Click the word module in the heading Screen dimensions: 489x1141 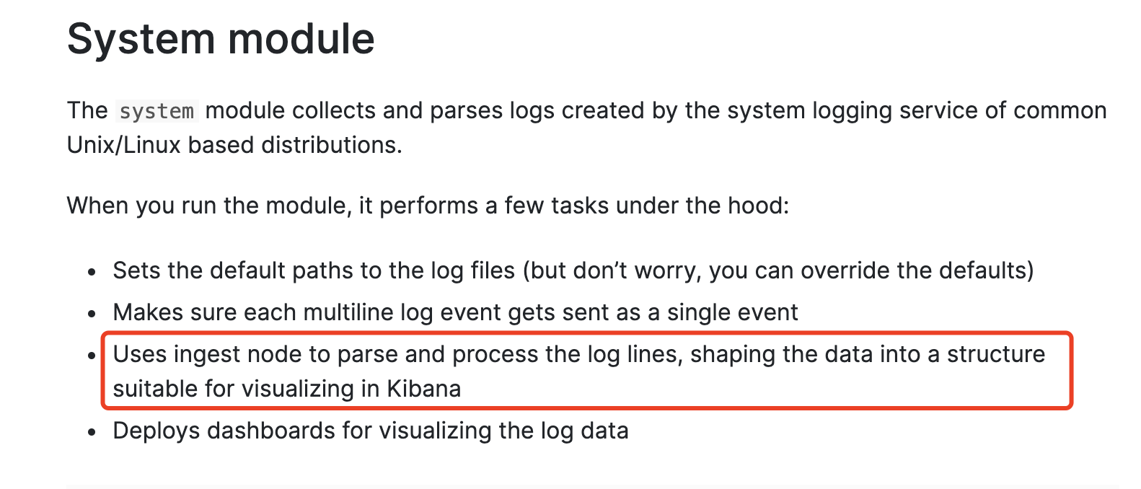click(302, 39)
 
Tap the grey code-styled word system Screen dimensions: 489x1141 click(157, 111)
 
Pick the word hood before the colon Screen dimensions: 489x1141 click(757, 206)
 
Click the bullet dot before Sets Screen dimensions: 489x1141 click(92, 273)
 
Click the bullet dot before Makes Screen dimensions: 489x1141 click(92, 314)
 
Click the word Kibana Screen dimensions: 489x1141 click(424, 389)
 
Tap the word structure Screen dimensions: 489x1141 click(996, 354)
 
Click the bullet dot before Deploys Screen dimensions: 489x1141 click(92, 433)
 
